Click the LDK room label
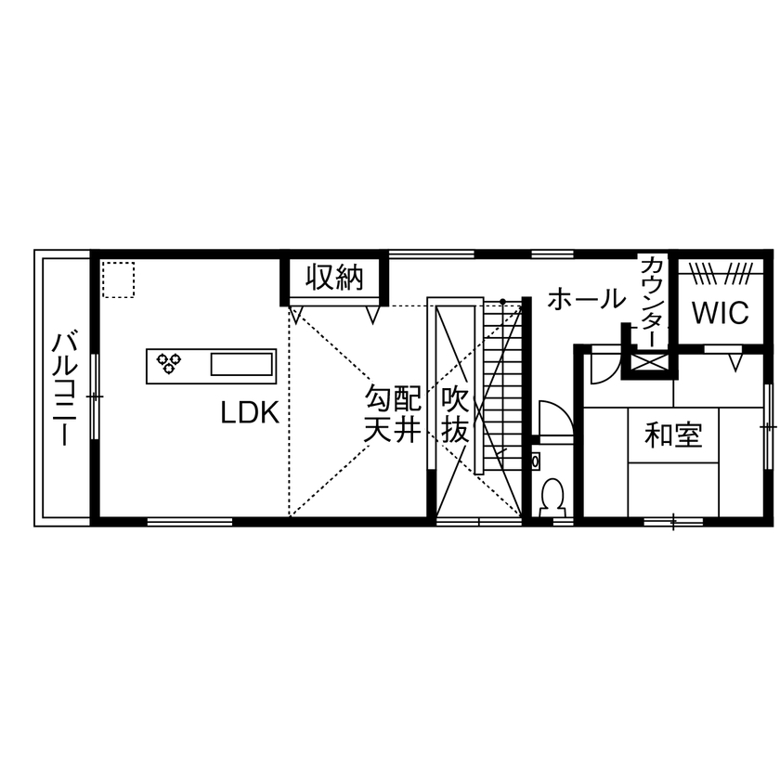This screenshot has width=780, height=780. (250, 412)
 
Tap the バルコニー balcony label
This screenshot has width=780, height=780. (64, 388)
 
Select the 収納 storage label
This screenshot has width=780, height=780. (335, 277)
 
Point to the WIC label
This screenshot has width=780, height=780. (720, 313)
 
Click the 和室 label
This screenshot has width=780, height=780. (674, 434)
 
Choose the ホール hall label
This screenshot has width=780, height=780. (586, 299)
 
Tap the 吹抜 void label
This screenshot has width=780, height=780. (455, 415)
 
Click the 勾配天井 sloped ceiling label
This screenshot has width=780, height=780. (392, 415)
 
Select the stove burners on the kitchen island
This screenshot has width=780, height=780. (169, 362)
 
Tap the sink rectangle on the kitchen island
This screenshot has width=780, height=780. (241, 363)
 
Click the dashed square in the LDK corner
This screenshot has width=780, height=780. (118, 280)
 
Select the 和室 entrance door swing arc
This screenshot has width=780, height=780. (603, 366)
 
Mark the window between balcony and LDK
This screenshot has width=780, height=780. (94, 396)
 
